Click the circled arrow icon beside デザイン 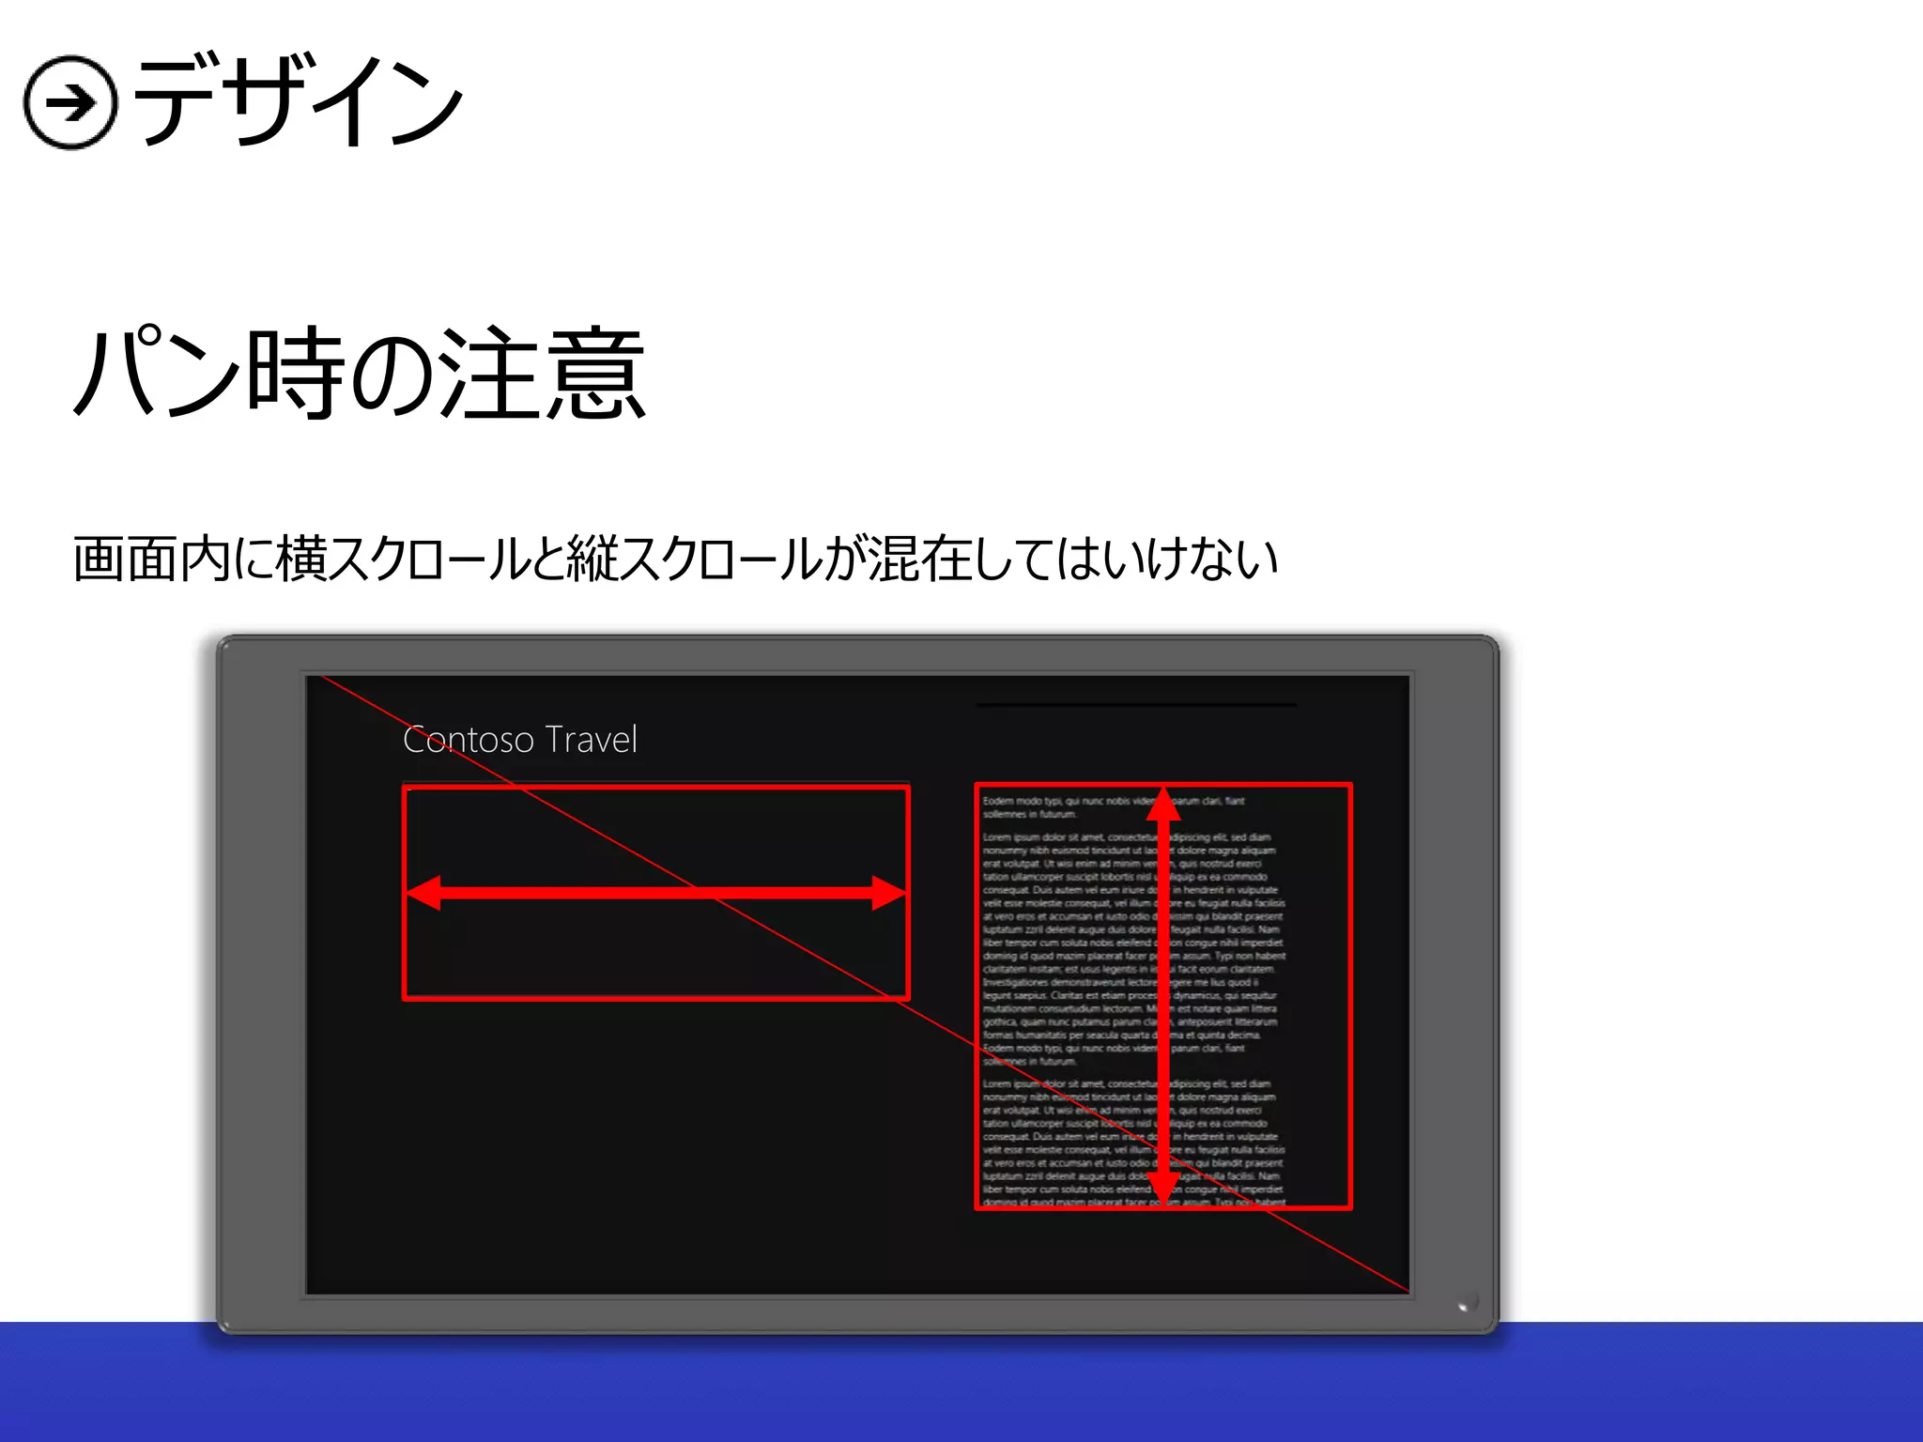(70, 102)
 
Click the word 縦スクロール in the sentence (695, 560)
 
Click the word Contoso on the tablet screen (469, 740)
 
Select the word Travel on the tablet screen (591, 740)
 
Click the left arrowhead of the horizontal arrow (423, 893)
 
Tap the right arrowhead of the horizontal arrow (887, 893)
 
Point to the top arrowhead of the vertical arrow (1163, 805)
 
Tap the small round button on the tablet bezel (1466, 1302)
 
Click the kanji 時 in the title (295, 374)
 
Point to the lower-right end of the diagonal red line (1406, 1291)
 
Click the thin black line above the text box (1136, 704)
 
